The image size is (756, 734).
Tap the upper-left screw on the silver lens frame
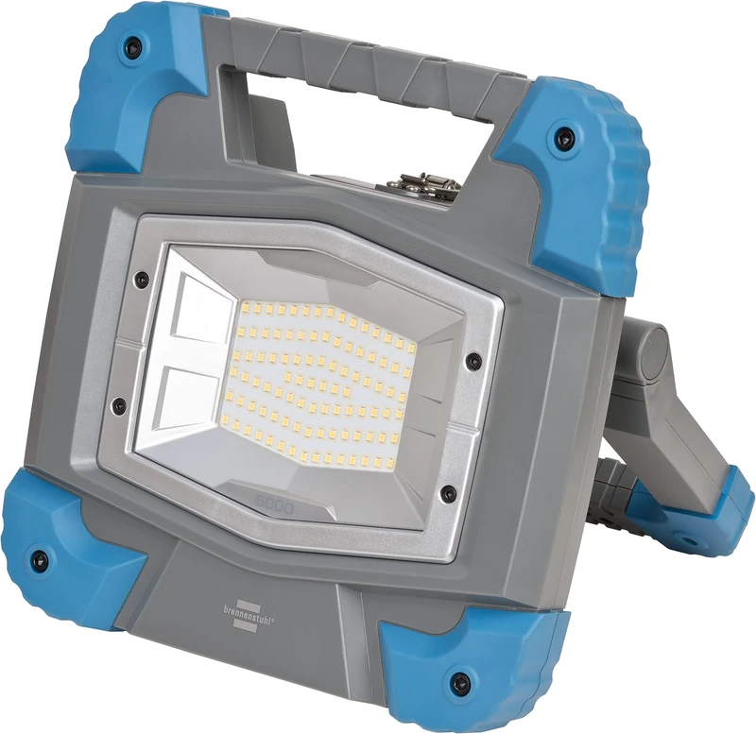(x=141, y=279)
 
